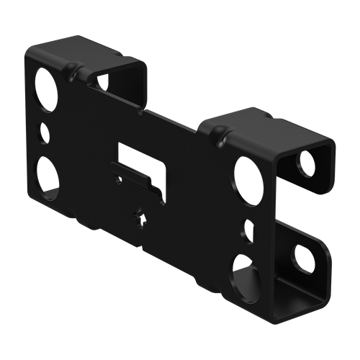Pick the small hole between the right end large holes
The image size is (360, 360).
click(x=248, y=229)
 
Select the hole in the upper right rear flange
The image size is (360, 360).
click(x=308, y=163)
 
